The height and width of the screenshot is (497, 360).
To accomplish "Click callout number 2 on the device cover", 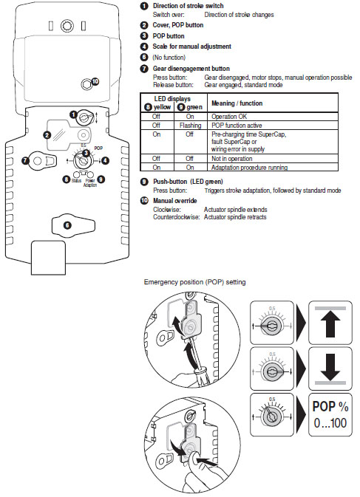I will click(47, 136).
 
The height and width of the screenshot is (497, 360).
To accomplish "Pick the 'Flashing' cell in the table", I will click(191, 126).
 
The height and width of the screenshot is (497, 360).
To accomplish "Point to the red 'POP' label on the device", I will click(98, 147).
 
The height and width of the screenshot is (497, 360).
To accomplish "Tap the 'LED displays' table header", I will click(171, 97).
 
